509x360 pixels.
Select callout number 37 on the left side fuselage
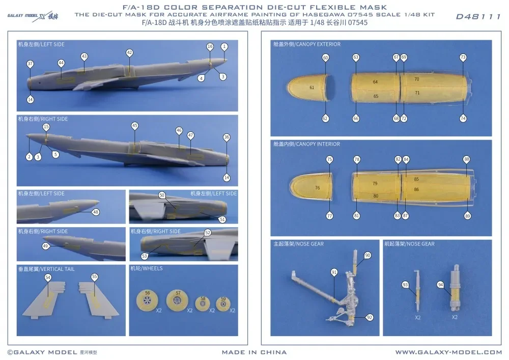tap(31, 64)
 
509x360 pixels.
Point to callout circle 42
tap(129, 52)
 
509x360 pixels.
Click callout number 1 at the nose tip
tap(223, 46)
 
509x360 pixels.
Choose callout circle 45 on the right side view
tap(135, 125)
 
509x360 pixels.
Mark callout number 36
tap(227, 137)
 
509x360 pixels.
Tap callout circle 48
tap(96, 212)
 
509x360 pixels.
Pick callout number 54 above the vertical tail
tap(48, 277)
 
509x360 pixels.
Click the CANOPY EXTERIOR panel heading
tap(307, 44)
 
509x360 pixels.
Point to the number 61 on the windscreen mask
tap(312, 88)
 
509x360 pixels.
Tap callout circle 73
tap(463, 58)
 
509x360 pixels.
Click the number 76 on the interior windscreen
tap(317, 188)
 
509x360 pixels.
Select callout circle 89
tap(467, 216)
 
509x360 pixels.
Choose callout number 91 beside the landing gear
tap(334, 272)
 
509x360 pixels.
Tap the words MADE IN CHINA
tap(254, 352)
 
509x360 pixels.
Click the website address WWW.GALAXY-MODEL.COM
tap(448, 352)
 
